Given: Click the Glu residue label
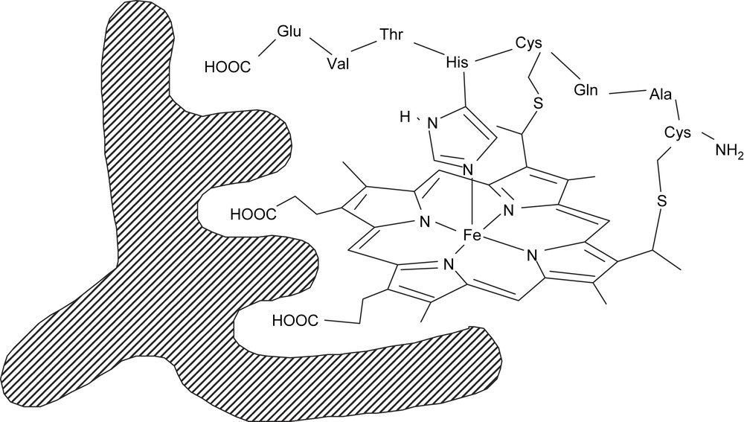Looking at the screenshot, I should coord(289,32).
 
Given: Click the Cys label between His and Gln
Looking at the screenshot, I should coord(527,44).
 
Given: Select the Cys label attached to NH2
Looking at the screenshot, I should coord(678,132).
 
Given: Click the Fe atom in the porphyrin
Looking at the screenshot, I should coord(472,236).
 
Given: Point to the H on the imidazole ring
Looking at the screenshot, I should coord(405,117).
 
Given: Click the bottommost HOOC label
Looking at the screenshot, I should coord(295,321).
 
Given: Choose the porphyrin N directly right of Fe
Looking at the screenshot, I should coord(533,258).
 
